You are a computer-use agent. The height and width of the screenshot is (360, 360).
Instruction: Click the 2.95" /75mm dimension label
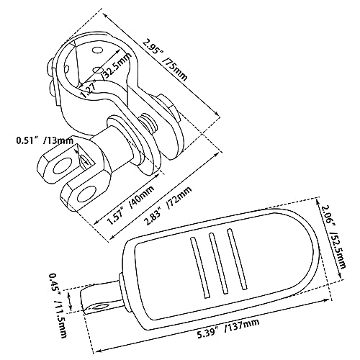click(164, 60)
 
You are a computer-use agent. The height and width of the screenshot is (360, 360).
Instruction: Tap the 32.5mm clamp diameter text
click(117, 66)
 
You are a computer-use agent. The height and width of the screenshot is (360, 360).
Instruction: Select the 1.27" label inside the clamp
click(88, 89)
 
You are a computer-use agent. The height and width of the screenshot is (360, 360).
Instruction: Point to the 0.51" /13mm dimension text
click(45, 140)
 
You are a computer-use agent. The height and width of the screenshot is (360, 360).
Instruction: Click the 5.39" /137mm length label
click(228, 328)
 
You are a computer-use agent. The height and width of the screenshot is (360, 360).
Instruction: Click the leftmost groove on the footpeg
click(199, 267)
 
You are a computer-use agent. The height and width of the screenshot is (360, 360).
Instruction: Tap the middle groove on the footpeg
click(218, 264)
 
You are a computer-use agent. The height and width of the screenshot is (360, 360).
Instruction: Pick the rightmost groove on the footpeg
click(237, 259)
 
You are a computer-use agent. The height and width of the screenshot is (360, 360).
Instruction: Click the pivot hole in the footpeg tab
click(99, 307)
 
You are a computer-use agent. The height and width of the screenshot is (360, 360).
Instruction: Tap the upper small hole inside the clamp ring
click(97, 50)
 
